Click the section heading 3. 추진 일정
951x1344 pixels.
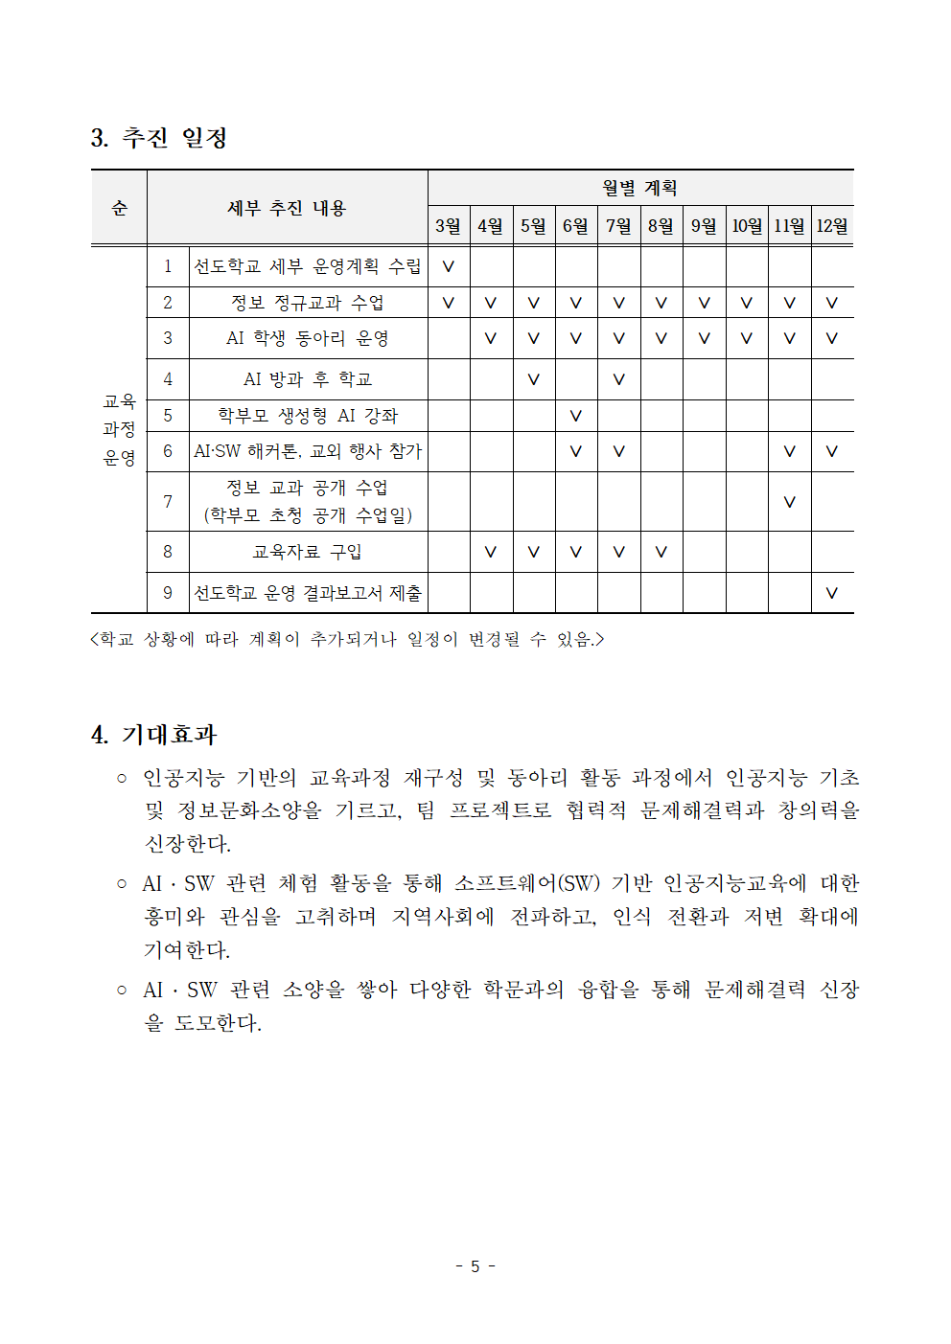(159, 138)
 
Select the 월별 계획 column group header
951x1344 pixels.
(639, 188)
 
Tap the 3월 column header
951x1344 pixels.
(448, 226)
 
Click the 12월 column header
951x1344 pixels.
(831, 226)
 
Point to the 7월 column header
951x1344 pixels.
(618, 226)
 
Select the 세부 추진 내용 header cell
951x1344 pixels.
(287, 208)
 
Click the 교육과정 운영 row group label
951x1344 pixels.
(119, 429)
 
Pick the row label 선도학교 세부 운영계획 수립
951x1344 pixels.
(308, 266)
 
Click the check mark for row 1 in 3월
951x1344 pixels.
(448, 266)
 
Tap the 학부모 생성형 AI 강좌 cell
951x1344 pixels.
(308, 416)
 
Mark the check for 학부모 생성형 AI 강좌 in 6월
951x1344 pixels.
(575, 416)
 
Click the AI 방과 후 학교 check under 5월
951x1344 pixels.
(533, 379)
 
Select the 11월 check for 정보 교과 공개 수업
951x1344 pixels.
(789, 501)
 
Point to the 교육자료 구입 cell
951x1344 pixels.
(308, 552)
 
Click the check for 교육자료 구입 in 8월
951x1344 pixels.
(661, 552)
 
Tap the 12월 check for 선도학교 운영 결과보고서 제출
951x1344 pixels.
(831, 593)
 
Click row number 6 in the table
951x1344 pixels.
(168, 451)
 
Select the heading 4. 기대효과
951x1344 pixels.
(154, 735)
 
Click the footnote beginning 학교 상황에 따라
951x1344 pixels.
(347, 639)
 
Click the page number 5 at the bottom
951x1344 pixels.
(475, 1266)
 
